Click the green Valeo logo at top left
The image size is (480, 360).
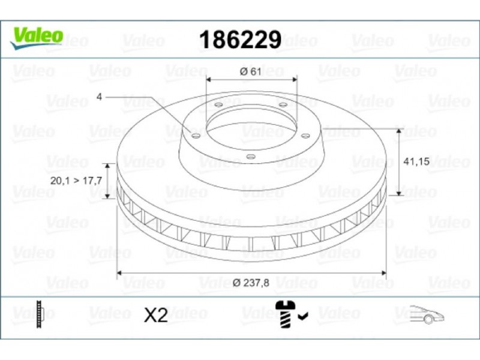[37, 38]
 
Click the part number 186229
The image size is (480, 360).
[240, 40]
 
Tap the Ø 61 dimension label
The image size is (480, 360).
[251, 71]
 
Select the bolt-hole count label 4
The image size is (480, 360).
[99, 97]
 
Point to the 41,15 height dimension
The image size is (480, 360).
[416, 161]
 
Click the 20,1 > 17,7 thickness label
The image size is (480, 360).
[76, 181]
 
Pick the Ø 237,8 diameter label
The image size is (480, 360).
[251, 283]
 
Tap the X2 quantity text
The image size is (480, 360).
[156, 315]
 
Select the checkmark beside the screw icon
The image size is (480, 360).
[304, 316]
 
